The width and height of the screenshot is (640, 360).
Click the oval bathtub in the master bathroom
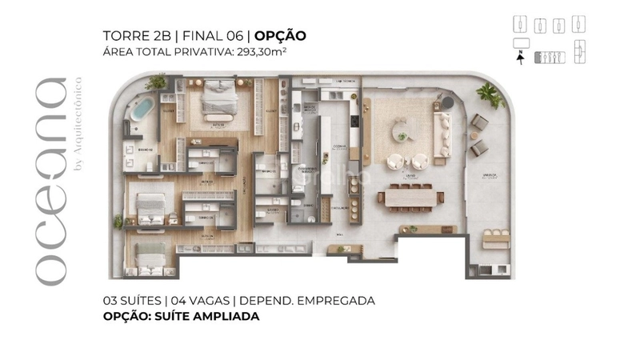(145, 108)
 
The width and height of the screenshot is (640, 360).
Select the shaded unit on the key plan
(550, 58)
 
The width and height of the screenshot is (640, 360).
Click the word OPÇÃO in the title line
(280, 36)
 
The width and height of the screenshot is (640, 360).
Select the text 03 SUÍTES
(134, 301)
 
